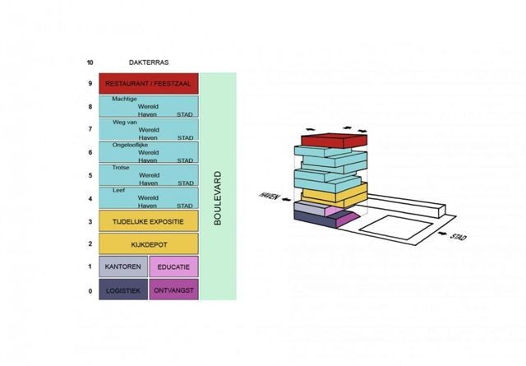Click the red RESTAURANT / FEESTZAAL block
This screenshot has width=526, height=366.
148,84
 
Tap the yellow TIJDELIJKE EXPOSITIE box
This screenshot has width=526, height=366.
148,221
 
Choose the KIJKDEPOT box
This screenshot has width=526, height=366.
148,244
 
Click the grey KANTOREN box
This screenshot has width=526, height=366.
123,267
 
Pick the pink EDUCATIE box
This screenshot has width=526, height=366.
174,267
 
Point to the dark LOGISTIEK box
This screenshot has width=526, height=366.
123,290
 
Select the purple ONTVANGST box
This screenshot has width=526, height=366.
174,290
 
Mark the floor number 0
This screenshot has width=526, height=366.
89,291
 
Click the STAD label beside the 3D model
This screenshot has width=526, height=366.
459,238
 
